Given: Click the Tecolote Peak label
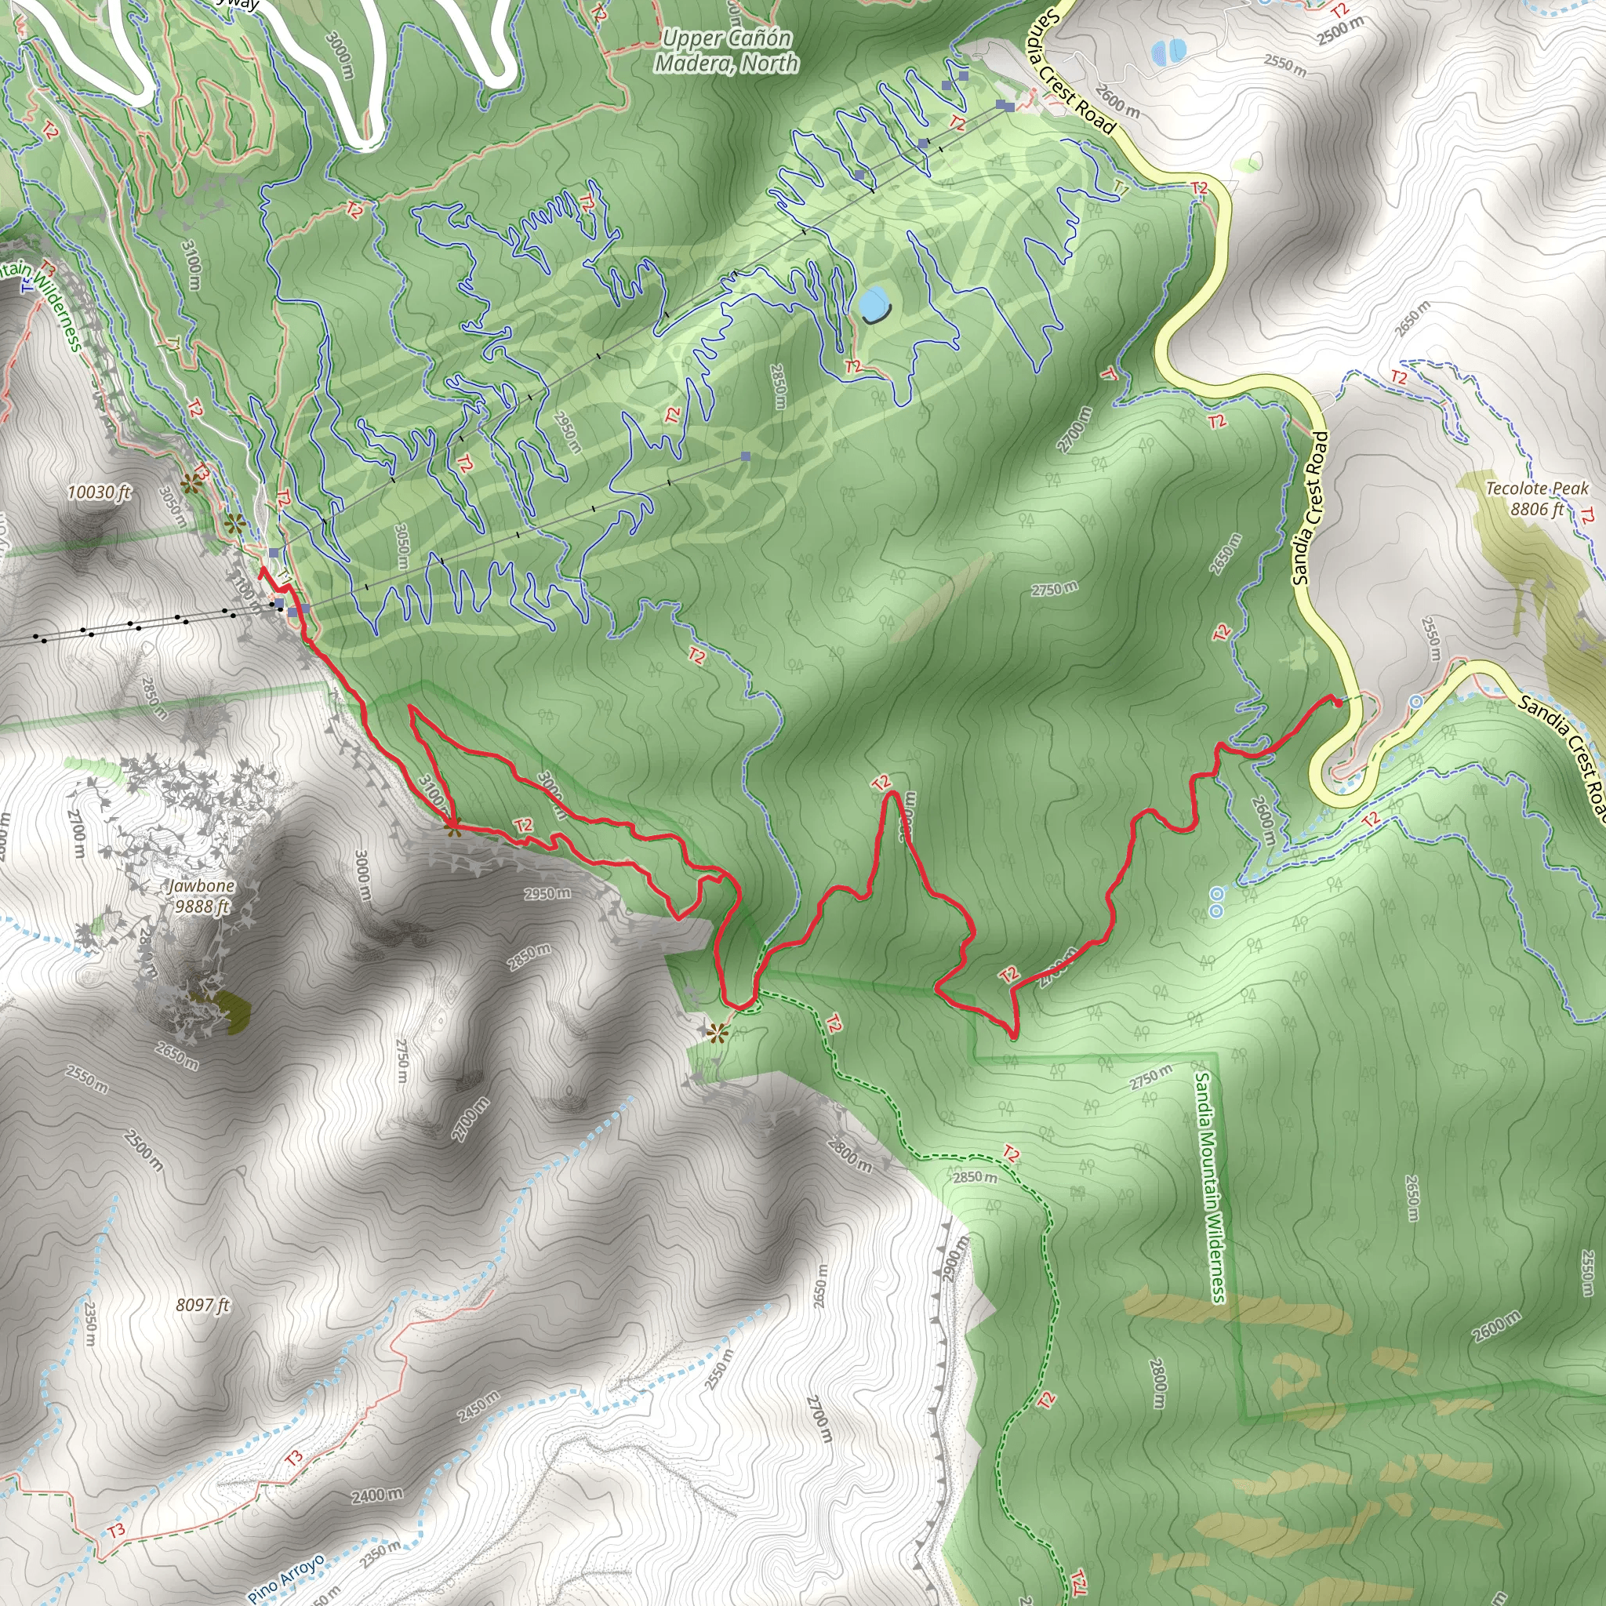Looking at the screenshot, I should click(x=1537, y=489).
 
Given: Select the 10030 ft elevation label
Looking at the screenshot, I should click(x=99, y=492).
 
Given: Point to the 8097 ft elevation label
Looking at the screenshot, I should click(x=202, y=1305).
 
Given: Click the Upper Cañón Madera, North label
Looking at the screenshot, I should click(x=726, y=51).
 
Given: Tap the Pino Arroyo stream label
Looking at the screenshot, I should click(x=285, y=1577).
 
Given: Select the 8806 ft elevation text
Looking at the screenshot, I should click(x=1537, y=510).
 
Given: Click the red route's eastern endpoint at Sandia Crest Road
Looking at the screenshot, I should click(x=1338, y=703).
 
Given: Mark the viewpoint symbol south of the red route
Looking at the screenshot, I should click(x=717, y=1034).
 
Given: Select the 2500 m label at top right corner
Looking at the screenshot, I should click(x=1340, y=31).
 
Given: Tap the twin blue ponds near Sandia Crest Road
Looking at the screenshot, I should click(x=1169, y=52).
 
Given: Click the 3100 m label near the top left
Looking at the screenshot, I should click(x=191, y=264).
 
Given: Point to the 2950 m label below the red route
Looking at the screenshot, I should click(x=547, y=895).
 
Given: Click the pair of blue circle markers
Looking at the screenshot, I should click(x=1216, y=902).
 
